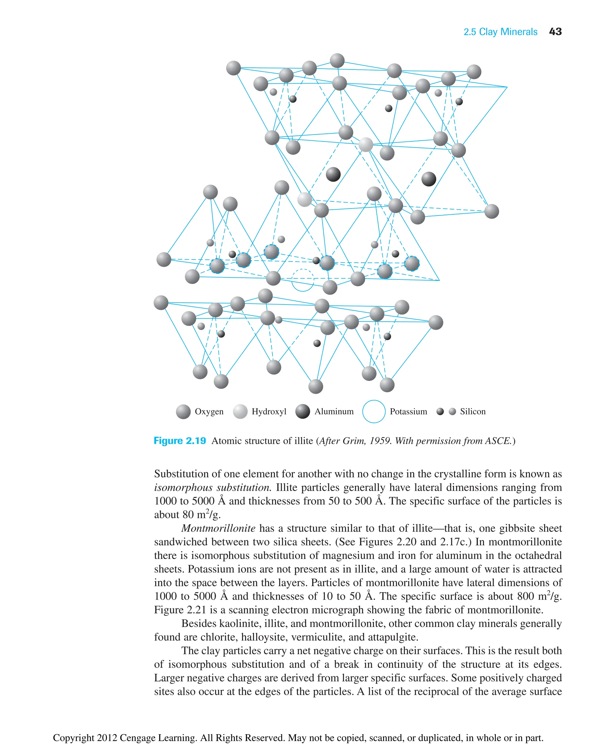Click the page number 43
click(x=555, y=32)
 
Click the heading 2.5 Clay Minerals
click(x=500, y=32)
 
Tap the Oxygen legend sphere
click(x=183, y=412)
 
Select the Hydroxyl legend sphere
click(x=240, y=412)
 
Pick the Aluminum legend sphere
click(x=303, y=411)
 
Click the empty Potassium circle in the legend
click(x=374, y=411)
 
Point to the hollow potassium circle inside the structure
click(x=303, y=280)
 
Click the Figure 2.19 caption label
click(x=180, y=441)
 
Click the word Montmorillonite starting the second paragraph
click(x=218, y=528)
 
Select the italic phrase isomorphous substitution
click(x=212, y=487)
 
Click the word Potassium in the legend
click(x=408, y=411)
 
